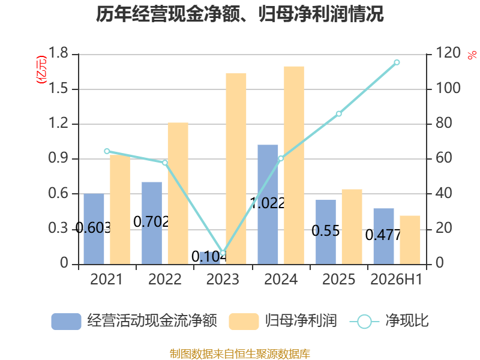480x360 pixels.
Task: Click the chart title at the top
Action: [x=239, y=14]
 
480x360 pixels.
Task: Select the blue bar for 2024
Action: [x=268, y=205]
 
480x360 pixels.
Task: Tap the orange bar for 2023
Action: [x=236, y=169]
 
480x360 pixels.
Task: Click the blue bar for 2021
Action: [x=94, y=229]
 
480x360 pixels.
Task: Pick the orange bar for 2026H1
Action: [x=410, y=240]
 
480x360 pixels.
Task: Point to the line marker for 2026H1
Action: [x=397, y=62]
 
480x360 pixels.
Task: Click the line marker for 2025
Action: [x=339, y=114]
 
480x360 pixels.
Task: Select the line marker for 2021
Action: [x=107, y=151]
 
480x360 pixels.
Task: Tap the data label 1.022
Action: [x=268, y=203]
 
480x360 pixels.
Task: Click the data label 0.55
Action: [x=326, y=231]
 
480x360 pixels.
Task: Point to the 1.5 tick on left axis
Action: [x=58, y=89]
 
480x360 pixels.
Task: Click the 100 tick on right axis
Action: [x=448, y=88]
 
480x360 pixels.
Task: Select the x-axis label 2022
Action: [x=164, y=280]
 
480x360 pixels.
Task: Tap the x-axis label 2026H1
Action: [x=397, y=280]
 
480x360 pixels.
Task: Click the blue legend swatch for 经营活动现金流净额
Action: [x=66, y=322]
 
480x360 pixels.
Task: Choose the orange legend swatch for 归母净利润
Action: [x=244, y=322]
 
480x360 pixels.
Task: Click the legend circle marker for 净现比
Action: [x=364, y=322]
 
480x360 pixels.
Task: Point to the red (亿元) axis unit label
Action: [x=41, y=70]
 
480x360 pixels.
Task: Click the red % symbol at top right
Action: [x=472, y=55]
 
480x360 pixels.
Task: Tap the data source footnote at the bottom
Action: [x=240, y=354]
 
